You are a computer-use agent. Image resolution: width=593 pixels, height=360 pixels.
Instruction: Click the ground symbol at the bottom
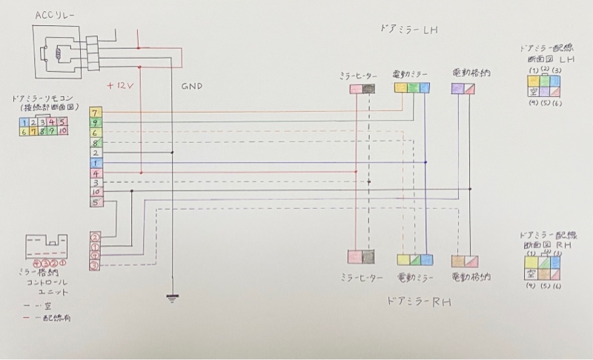pos(172,298)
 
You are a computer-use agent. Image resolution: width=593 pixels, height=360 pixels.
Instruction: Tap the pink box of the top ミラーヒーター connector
pos(356,88)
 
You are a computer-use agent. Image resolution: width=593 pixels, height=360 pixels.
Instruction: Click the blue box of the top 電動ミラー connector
pos(425,88)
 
